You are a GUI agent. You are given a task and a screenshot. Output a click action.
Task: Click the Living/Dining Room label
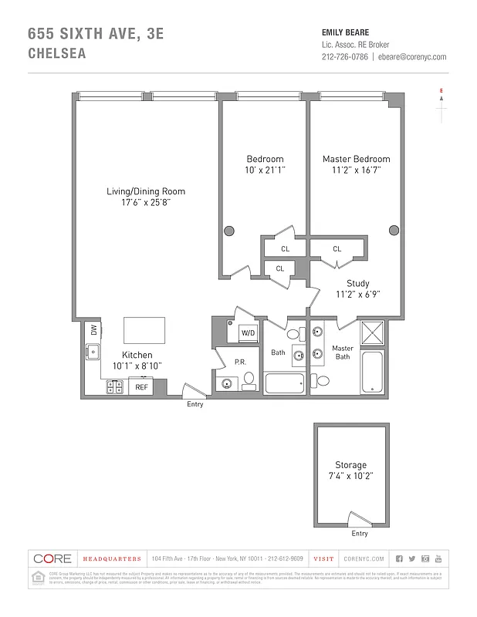146,191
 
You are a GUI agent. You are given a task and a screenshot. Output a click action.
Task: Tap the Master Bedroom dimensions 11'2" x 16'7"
356,170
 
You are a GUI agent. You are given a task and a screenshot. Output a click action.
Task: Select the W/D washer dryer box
248,332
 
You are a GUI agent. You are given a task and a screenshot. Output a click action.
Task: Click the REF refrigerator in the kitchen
141,387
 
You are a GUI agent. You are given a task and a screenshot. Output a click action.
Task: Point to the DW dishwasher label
93,329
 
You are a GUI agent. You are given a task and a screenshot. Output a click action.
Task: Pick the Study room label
357,283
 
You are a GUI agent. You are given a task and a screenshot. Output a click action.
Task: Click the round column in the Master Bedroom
394,229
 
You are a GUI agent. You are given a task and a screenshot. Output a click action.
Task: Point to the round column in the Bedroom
229,230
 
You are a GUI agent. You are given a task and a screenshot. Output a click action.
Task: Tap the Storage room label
350,465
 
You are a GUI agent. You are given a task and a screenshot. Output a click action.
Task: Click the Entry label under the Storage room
360,533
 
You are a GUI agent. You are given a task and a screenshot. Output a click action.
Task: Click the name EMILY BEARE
345,32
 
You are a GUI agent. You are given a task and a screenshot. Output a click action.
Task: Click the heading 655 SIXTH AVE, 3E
96,33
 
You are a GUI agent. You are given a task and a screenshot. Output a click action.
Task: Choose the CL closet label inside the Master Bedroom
337,249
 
